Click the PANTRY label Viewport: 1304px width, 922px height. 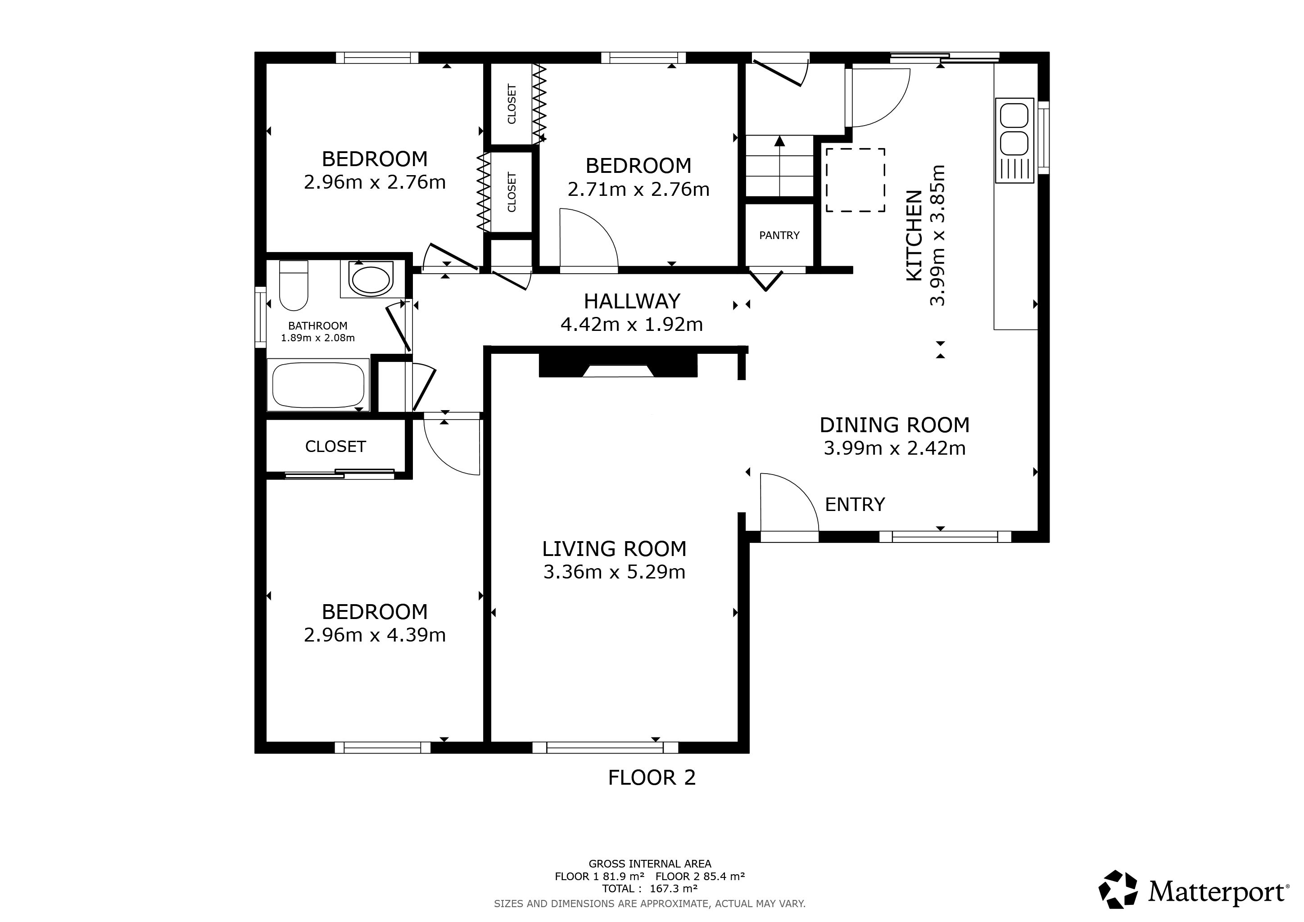[x=779, y=235]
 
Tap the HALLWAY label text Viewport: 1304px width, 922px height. [x=632, y=301]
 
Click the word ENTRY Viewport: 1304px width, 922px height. [x=855, y=504]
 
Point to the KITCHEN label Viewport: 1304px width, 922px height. [x=914, y=235]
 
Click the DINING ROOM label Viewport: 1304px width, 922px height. [x=895, y=425]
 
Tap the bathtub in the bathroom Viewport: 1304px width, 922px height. [x=318, y=385]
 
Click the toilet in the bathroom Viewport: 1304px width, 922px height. [x=294, y=285]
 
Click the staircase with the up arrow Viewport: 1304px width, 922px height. [x=780, y=166]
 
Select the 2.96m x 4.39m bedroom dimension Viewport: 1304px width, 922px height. [x=375, y=635]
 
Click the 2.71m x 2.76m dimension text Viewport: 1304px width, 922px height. [x=638, y=189]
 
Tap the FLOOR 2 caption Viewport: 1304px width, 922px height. [x=652, y=777]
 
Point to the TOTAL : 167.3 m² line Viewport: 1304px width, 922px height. [x=650, y=889]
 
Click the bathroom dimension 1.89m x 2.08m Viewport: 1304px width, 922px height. [x=318, y=338]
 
